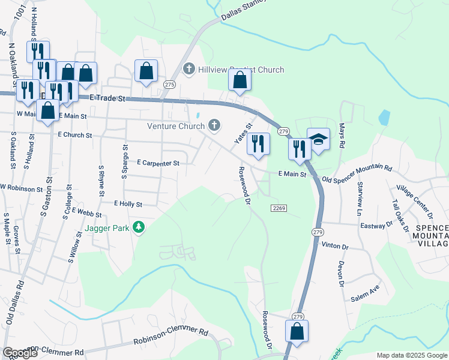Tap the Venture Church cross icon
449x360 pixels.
point(213,125)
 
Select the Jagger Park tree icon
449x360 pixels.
point(139,227)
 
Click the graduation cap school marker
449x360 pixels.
point(318,139)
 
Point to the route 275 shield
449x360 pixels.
point(169,85)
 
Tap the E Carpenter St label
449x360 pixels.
point(158,163)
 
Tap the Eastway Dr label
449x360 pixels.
point(376,226)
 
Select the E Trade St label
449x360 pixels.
point(110,98)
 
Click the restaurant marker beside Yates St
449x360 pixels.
point(259,143)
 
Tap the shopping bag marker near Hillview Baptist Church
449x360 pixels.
point(240,80)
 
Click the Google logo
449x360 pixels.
point(20,353)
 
